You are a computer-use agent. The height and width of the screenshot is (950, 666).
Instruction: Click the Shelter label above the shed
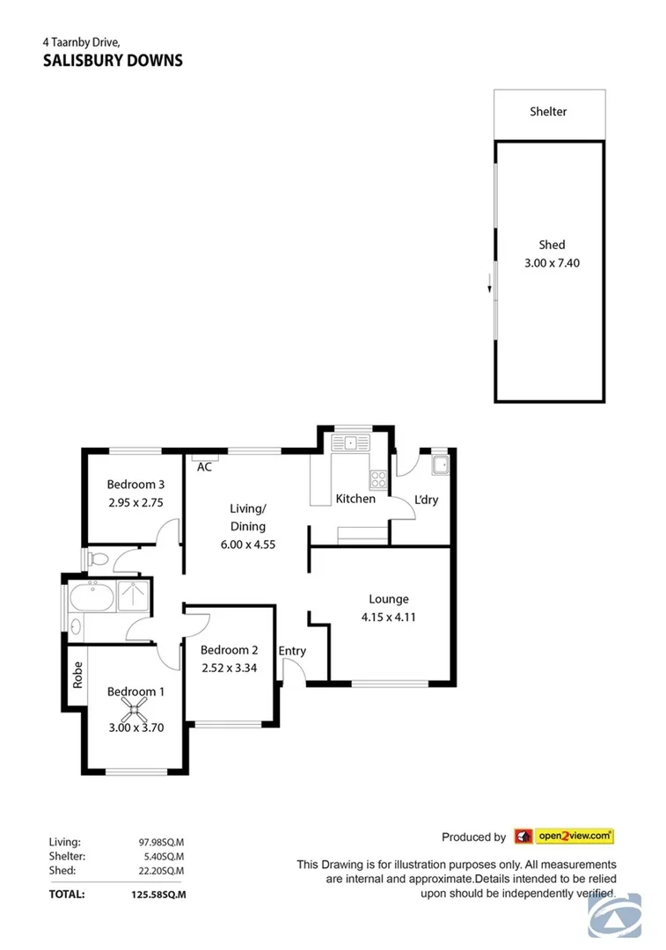coord(548,112)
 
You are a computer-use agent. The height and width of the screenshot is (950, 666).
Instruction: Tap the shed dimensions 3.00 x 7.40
coord(552,262)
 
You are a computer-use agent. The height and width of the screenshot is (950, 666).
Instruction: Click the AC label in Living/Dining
coord(204,467)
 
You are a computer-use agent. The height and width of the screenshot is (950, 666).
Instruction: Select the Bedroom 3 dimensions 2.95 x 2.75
coord(135,503)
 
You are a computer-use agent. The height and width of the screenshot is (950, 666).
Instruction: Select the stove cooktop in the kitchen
coord(378,479)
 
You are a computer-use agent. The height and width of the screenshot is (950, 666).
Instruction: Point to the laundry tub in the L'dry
coord(439,464)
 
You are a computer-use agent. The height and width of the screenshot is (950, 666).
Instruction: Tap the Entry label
coord(292,651)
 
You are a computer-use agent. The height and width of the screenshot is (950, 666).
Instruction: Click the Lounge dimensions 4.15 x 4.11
coord(388,617)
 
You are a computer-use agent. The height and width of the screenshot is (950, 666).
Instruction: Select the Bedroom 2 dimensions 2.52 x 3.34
coord(229,668)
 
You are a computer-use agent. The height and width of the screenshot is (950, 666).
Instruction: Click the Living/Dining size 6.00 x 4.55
coord(247,544)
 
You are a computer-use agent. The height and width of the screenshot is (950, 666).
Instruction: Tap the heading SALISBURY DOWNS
coord(113,61)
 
